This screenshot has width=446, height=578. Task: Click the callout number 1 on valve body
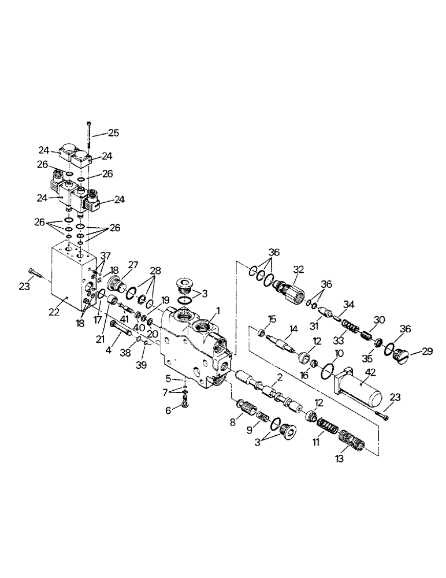[218, 310]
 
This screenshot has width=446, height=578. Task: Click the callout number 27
[134, 265]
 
